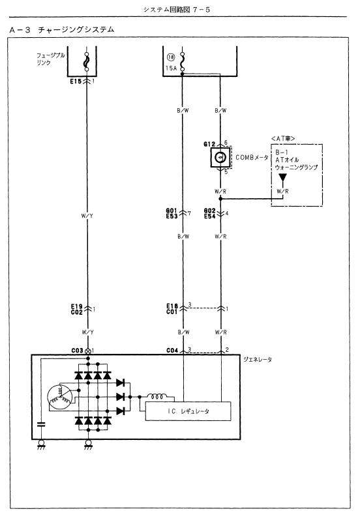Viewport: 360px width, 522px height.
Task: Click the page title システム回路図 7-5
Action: [179, 10]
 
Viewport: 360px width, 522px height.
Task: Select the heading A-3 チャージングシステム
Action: [64, 30]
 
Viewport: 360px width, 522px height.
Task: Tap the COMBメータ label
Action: [252, 157]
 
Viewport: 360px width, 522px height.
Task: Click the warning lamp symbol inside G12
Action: [220, 157]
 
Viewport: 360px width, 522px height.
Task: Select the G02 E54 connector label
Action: [211, 213]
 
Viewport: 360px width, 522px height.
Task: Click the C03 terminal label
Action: [77, 351]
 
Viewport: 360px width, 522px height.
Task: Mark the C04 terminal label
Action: [172, 351]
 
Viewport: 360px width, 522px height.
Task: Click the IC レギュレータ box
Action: [188, 413]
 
